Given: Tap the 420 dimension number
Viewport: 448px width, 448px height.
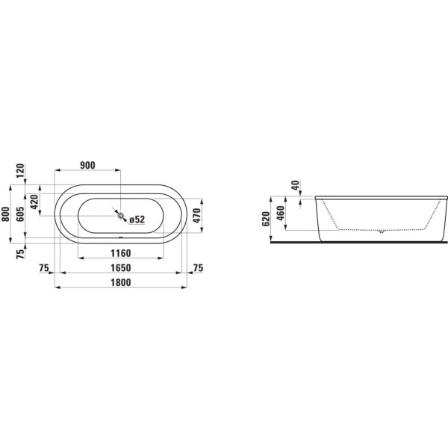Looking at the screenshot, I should pyautogui.click(x=34, y=202).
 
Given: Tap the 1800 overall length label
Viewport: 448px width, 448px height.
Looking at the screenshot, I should pyautogui.click(x=120, y=282).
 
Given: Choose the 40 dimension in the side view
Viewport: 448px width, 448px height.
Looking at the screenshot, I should pyautogui.click(x=296, y=185).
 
